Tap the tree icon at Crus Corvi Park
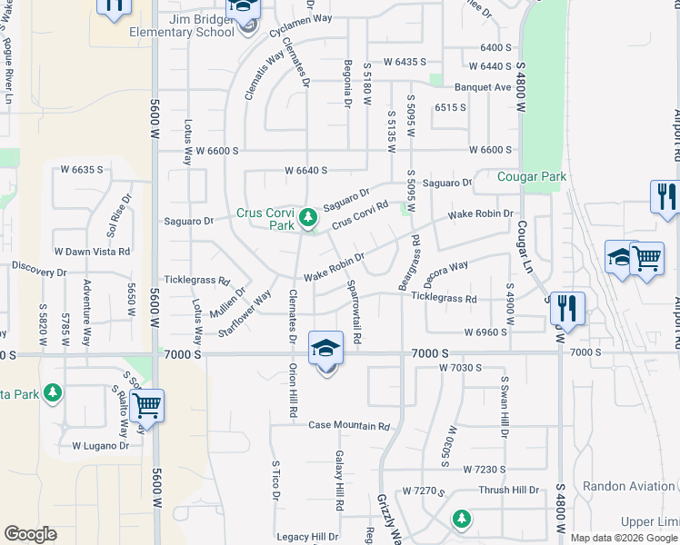point(308,216)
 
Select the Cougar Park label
point(532,177)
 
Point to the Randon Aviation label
point(628,487)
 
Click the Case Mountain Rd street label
point(348,425)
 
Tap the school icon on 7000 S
point(325,348)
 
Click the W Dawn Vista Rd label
point(93,252)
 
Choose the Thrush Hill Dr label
point(509,490)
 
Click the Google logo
point(30,533)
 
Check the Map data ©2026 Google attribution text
point(624,538)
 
